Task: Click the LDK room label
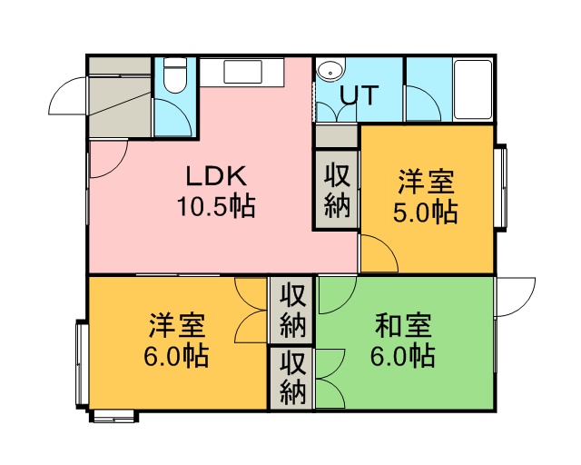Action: (x=216, y=176)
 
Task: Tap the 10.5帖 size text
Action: (x=216, y=206)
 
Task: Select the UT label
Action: (x=359, y=95)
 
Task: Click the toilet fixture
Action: (x=174, y=75)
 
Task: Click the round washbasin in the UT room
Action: (x=329, y=72)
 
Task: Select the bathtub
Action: (x=473, y=90)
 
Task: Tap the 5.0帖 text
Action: (x=426, y=213)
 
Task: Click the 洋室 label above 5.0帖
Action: (x=426, y=182)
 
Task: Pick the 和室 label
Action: (x=403, y=325)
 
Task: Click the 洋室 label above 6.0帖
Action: (x=177, y=325)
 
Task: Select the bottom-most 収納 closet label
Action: (x=292, y=378)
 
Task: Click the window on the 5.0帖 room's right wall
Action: (x=501, y=188)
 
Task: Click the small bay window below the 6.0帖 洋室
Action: (x=114, y=416)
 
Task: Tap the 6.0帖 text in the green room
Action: (x=403, y=356)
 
